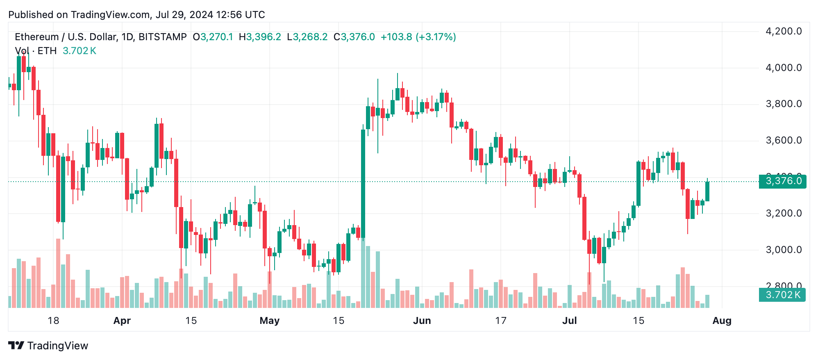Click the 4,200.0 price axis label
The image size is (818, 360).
pos(783,31)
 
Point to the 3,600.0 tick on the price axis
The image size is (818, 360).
pos(783,141)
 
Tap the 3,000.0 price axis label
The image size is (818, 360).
pos(783,250)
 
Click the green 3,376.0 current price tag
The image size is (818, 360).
pos(782,181)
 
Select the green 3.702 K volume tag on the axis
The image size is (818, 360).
pos(782,295)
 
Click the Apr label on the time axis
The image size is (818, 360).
pos(122,321)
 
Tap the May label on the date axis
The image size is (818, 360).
pos(269,321)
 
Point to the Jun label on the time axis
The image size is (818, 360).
pos(422,321)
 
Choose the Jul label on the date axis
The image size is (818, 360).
pos(569,321)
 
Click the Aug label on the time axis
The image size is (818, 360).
pos(722,321)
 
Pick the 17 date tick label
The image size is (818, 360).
pos(500,321)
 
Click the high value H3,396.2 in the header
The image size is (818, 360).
pos(260,37)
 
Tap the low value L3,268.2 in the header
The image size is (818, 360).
pos(307,37)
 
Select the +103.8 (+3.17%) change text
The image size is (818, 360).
pos(418,37)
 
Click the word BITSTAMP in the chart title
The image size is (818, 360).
pos(163,37)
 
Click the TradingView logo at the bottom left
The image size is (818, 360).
pos(48,346)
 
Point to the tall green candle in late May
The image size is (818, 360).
pos(363,185)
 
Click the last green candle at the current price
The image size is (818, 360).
pos(707,191)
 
